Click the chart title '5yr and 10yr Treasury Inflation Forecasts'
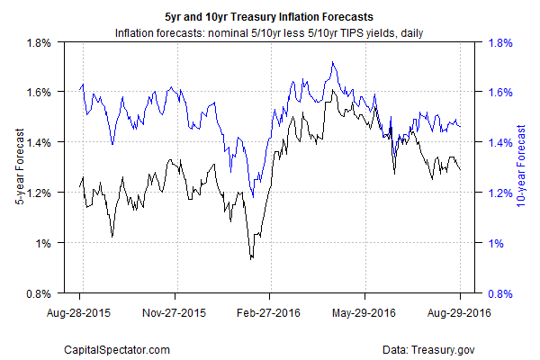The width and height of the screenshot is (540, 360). click(x=270, y=17)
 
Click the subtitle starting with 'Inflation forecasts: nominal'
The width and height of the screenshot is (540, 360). click(x=270, y=33)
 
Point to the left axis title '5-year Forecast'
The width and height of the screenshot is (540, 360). click(x=19, y=167)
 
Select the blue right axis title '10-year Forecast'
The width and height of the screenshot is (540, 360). click(x=521, y=167)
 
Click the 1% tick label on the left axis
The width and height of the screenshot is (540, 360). click(x=47, y=243)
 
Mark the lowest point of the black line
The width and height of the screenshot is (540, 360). click(x=251, y=259)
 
